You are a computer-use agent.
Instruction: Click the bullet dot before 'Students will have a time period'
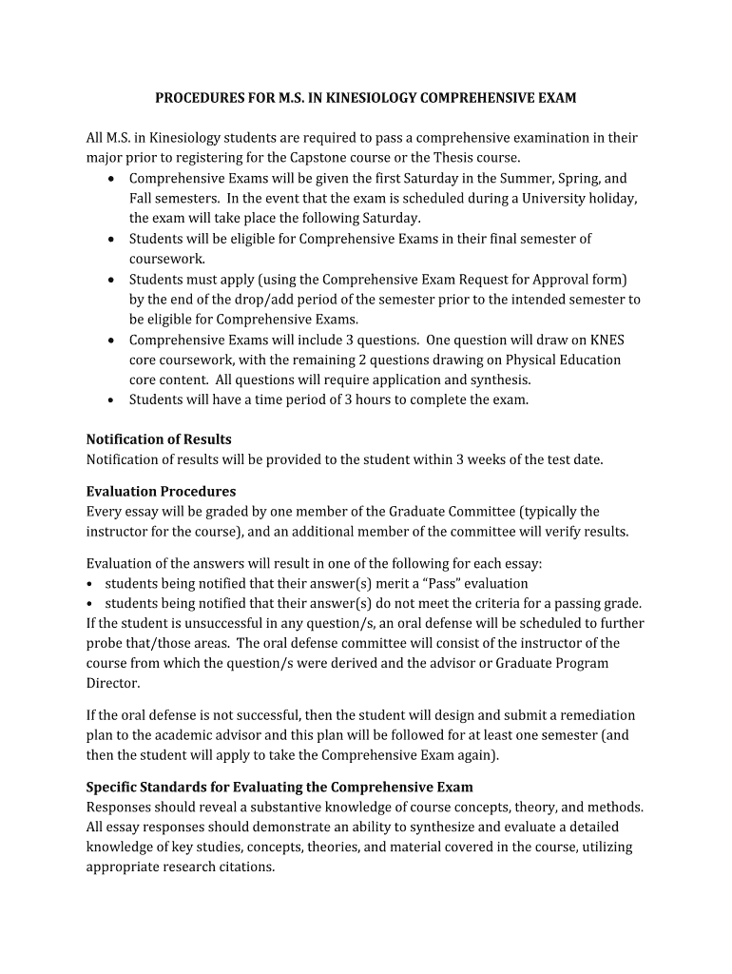pos(113,400)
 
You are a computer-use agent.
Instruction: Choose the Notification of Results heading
pos(159,439)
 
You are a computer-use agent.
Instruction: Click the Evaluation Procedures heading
pos(161,492)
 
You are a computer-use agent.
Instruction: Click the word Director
pos(112,683)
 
